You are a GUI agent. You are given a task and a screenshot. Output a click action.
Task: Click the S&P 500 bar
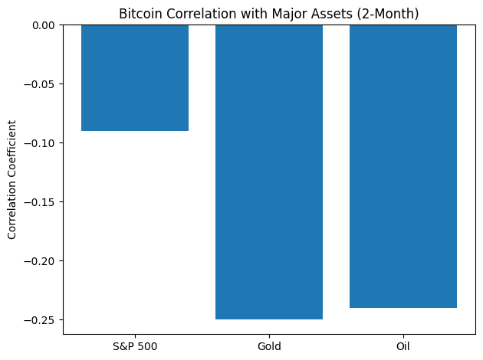(x=135, y=77)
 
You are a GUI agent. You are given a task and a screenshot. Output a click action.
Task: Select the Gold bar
(x=269, y=172)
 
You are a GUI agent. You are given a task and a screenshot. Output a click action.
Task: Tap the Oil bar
(x=403, y=166)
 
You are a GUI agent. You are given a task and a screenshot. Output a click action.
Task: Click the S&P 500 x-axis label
(x=135, y=346)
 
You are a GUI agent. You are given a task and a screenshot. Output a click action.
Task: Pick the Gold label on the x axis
(x=269, y=346)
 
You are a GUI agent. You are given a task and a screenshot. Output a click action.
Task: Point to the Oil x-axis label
(x=403, y=346)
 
